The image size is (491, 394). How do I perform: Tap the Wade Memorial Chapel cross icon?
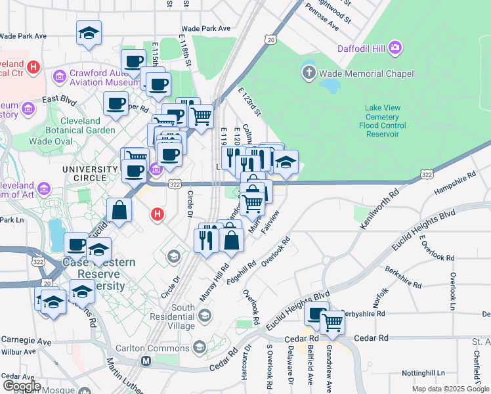click(309, 72)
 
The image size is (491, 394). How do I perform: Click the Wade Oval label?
click(49, 141)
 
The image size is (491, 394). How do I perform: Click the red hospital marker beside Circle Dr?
click(157, 214)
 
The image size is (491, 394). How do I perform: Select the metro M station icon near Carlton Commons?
click(146, 361)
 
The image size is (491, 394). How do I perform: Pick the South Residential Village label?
click(173, 317)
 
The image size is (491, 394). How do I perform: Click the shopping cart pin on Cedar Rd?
click(333, 322)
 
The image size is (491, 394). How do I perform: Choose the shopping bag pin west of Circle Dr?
click(119, 211)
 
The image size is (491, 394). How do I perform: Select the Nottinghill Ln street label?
click(428, 372)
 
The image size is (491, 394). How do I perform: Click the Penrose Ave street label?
click(324, 18)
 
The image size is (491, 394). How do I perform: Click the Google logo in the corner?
click(22, 385)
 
